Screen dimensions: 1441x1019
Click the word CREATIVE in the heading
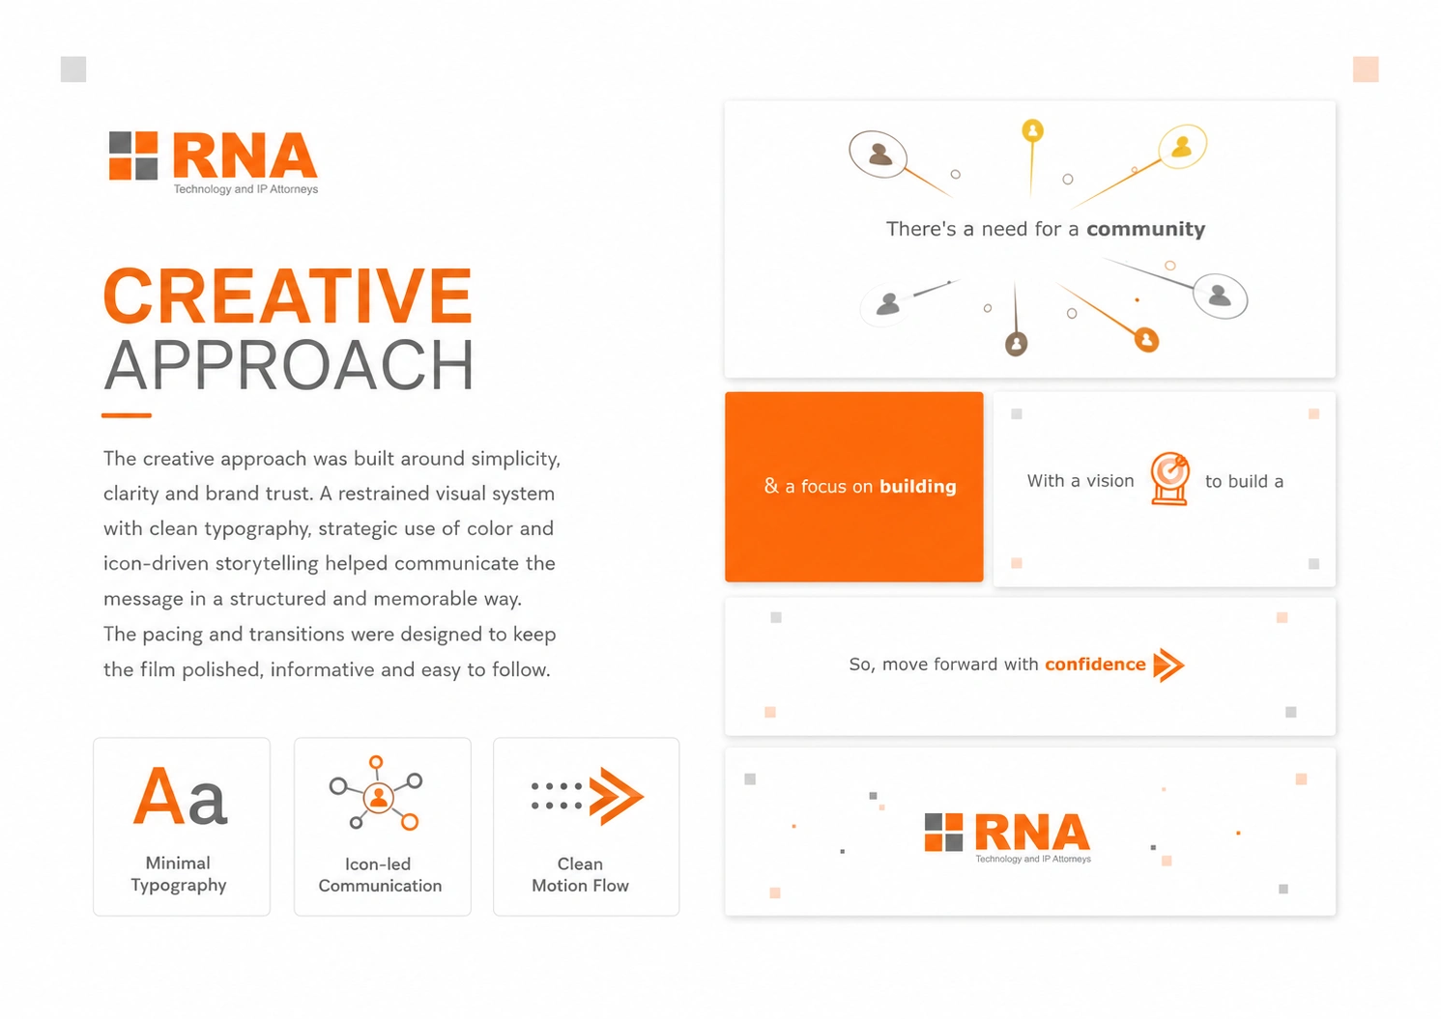288,296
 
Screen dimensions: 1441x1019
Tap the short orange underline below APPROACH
126,415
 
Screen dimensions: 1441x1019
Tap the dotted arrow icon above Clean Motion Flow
588,796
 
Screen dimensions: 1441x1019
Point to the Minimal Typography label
178,874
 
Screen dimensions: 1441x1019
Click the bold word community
1145,229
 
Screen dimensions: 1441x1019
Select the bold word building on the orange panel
917,487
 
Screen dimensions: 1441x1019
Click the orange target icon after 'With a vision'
1169,478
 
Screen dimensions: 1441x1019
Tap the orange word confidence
1095,665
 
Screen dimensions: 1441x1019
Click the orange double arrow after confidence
1168,665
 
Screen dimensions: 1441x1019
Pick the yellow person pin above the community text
1032,130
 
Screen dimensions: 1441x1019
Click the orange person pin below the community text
1146,340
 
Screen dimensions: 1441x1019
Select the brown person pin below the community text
1017,344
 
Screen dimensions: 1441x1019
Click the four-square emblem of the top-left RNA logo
133,156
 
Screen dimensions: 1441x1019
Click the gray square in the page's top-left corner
73,69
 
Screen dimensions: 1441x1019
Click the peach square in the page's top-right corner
1366,69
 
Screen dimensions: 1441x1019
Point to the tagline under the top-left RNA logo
245,189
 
